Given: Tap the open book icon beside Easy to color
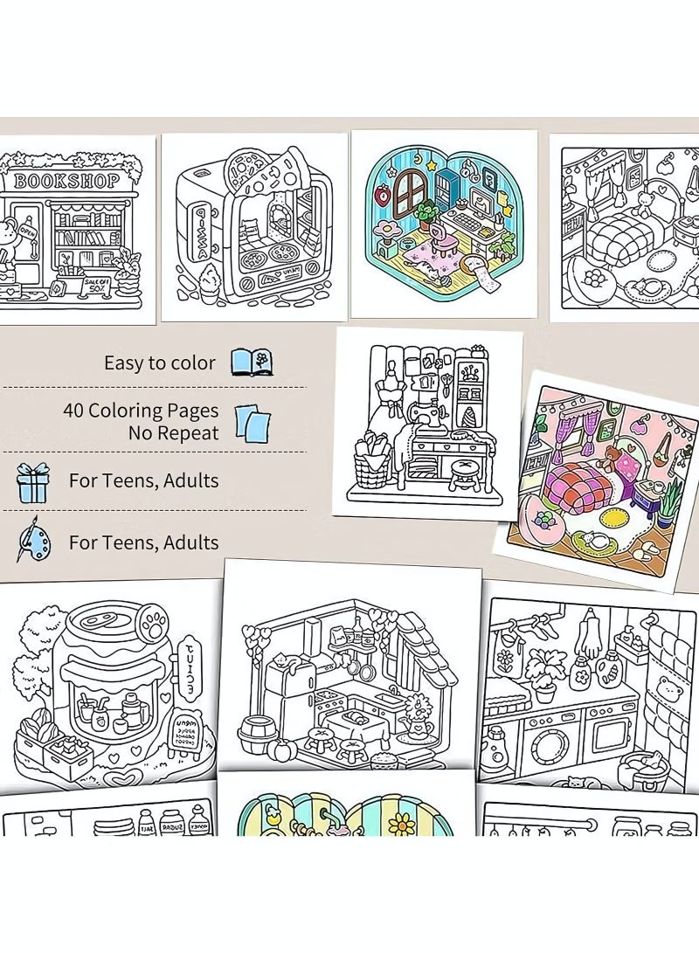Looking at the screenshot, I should [252, 362].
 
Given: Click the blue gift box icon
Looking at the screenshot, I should [33, 481].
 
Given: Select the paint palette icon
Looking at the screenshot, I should [33, 540].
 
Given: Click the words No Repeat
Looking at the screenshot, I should [173, 432].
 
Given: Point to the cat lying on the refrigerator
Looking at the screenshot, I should [285, 666].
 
